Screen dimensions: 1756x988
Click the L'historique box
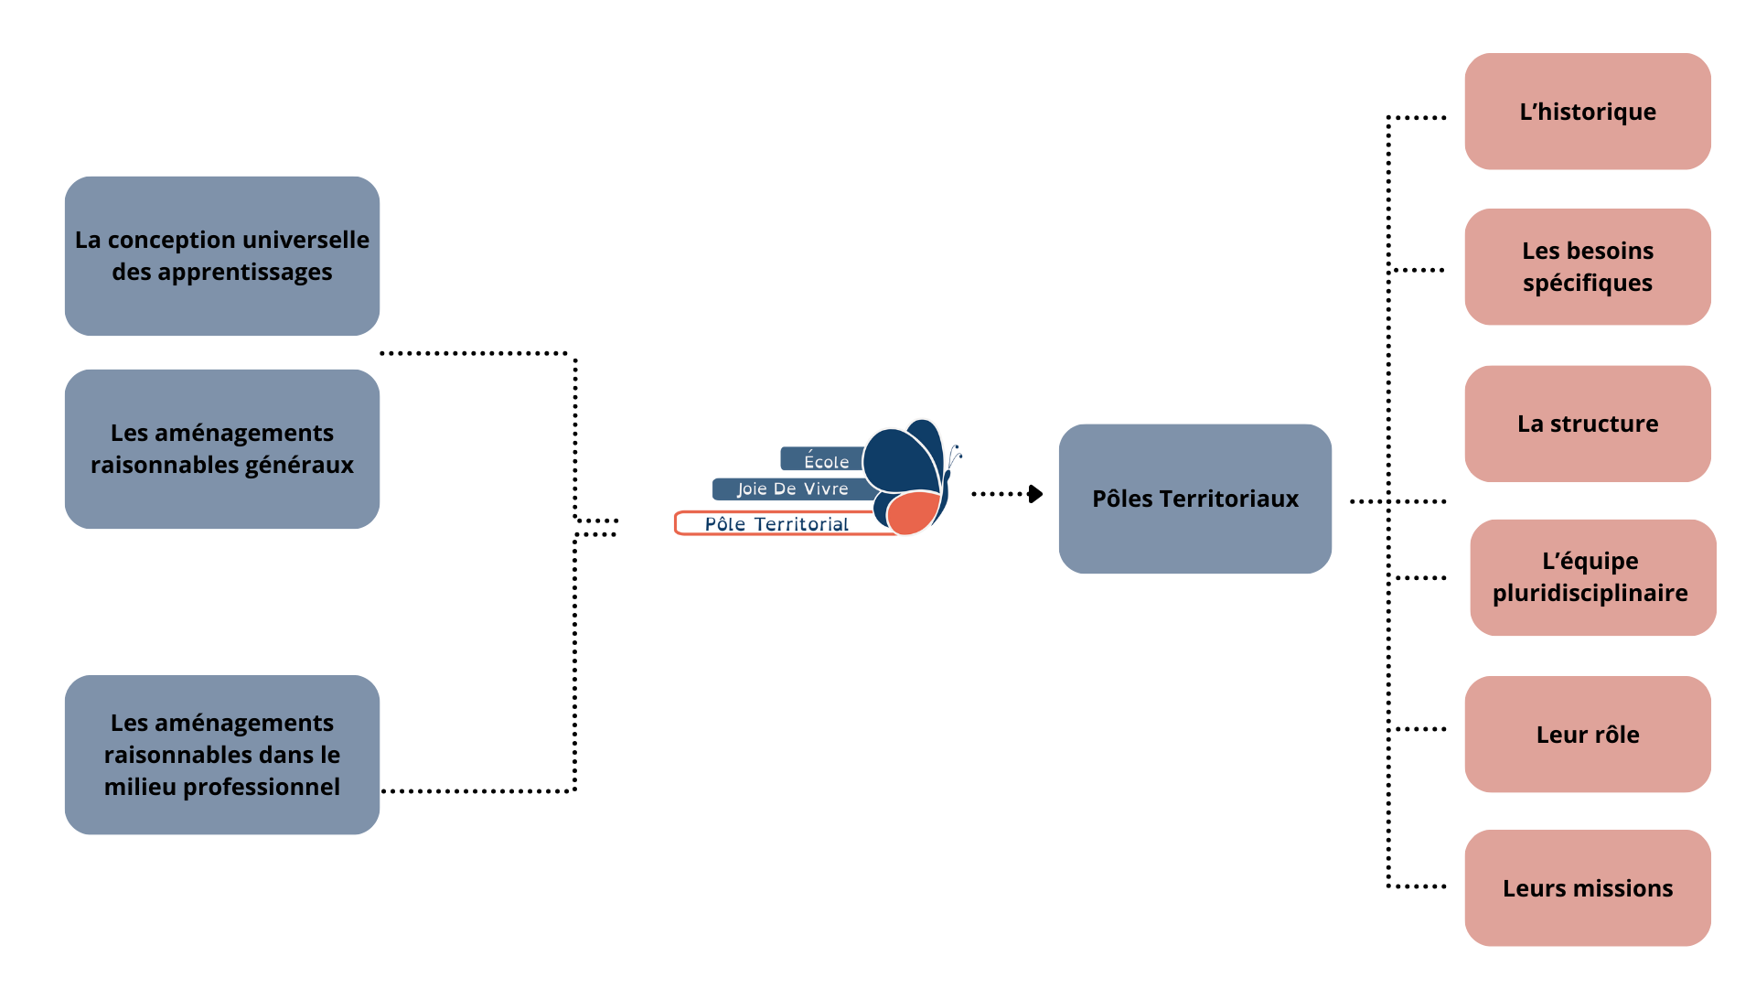coord(1588,111)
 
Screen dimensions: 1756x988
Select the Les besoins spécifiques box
coord(1588,266)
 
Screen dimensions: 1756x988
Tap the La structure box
coord(1588,424)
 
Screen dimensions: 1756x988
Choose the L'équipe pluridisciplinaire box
coord(1593,577)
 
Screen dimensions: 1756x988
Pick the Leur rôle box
coord(1588,734)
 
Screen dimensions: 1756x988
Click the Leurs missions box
coord(1588,887)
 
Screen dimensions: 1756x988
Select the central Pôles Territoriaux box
coord(1195,499)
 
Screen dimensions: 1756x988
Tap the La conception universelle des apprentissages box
coord(222,256)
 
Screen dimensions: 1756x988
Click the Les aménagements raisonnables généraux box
coord(222,449)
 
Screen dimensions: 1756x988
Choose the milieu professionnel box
coord(222,755)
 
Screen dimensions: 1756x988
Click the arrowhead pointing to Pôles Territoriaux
coord(1035,494)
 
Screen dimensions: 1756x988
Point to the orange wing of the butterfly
coord(913,512)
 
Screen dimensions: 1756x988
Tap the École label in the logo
coord(826,459)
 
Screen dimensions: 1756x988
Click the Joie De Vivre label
coord(793,489)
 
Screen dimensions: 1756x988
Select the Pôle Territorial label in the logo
coord(776,523)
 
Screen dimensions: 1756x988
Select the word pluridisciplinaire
coord(1590,593)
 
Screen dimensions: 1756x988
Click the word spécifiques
coord(1588,284)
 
